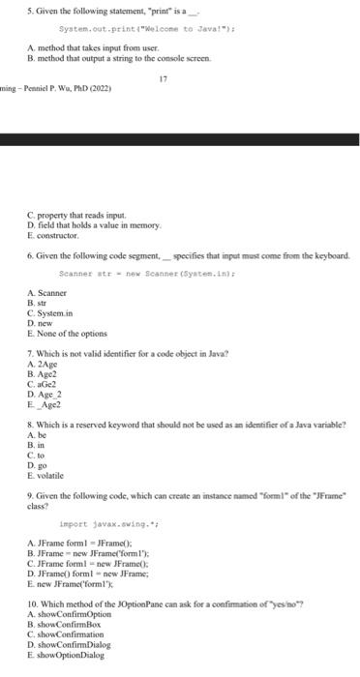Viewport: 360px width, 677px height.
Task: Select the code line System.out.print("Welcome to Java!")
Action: point(126,29)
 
